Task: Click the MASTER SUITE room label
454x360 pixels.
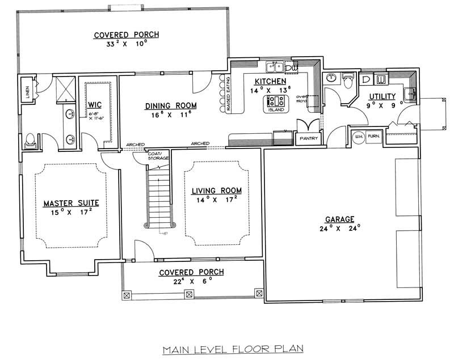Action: [x=72, y=202]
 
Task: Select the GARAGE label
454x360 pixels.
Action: [x=340, y=219]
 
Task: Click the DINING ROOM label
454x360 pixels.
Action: [x=171, y=105]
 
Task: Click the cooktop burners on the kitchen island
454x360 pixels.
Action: [x=275, y=101]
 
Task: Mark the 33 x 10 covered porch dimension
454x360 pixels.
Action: [x=127, y=44]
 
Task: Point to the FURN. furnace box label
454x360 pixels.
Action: [x=373, y=137]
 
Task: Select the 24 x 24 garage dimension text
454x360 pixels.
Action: [x=340, y=229]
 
